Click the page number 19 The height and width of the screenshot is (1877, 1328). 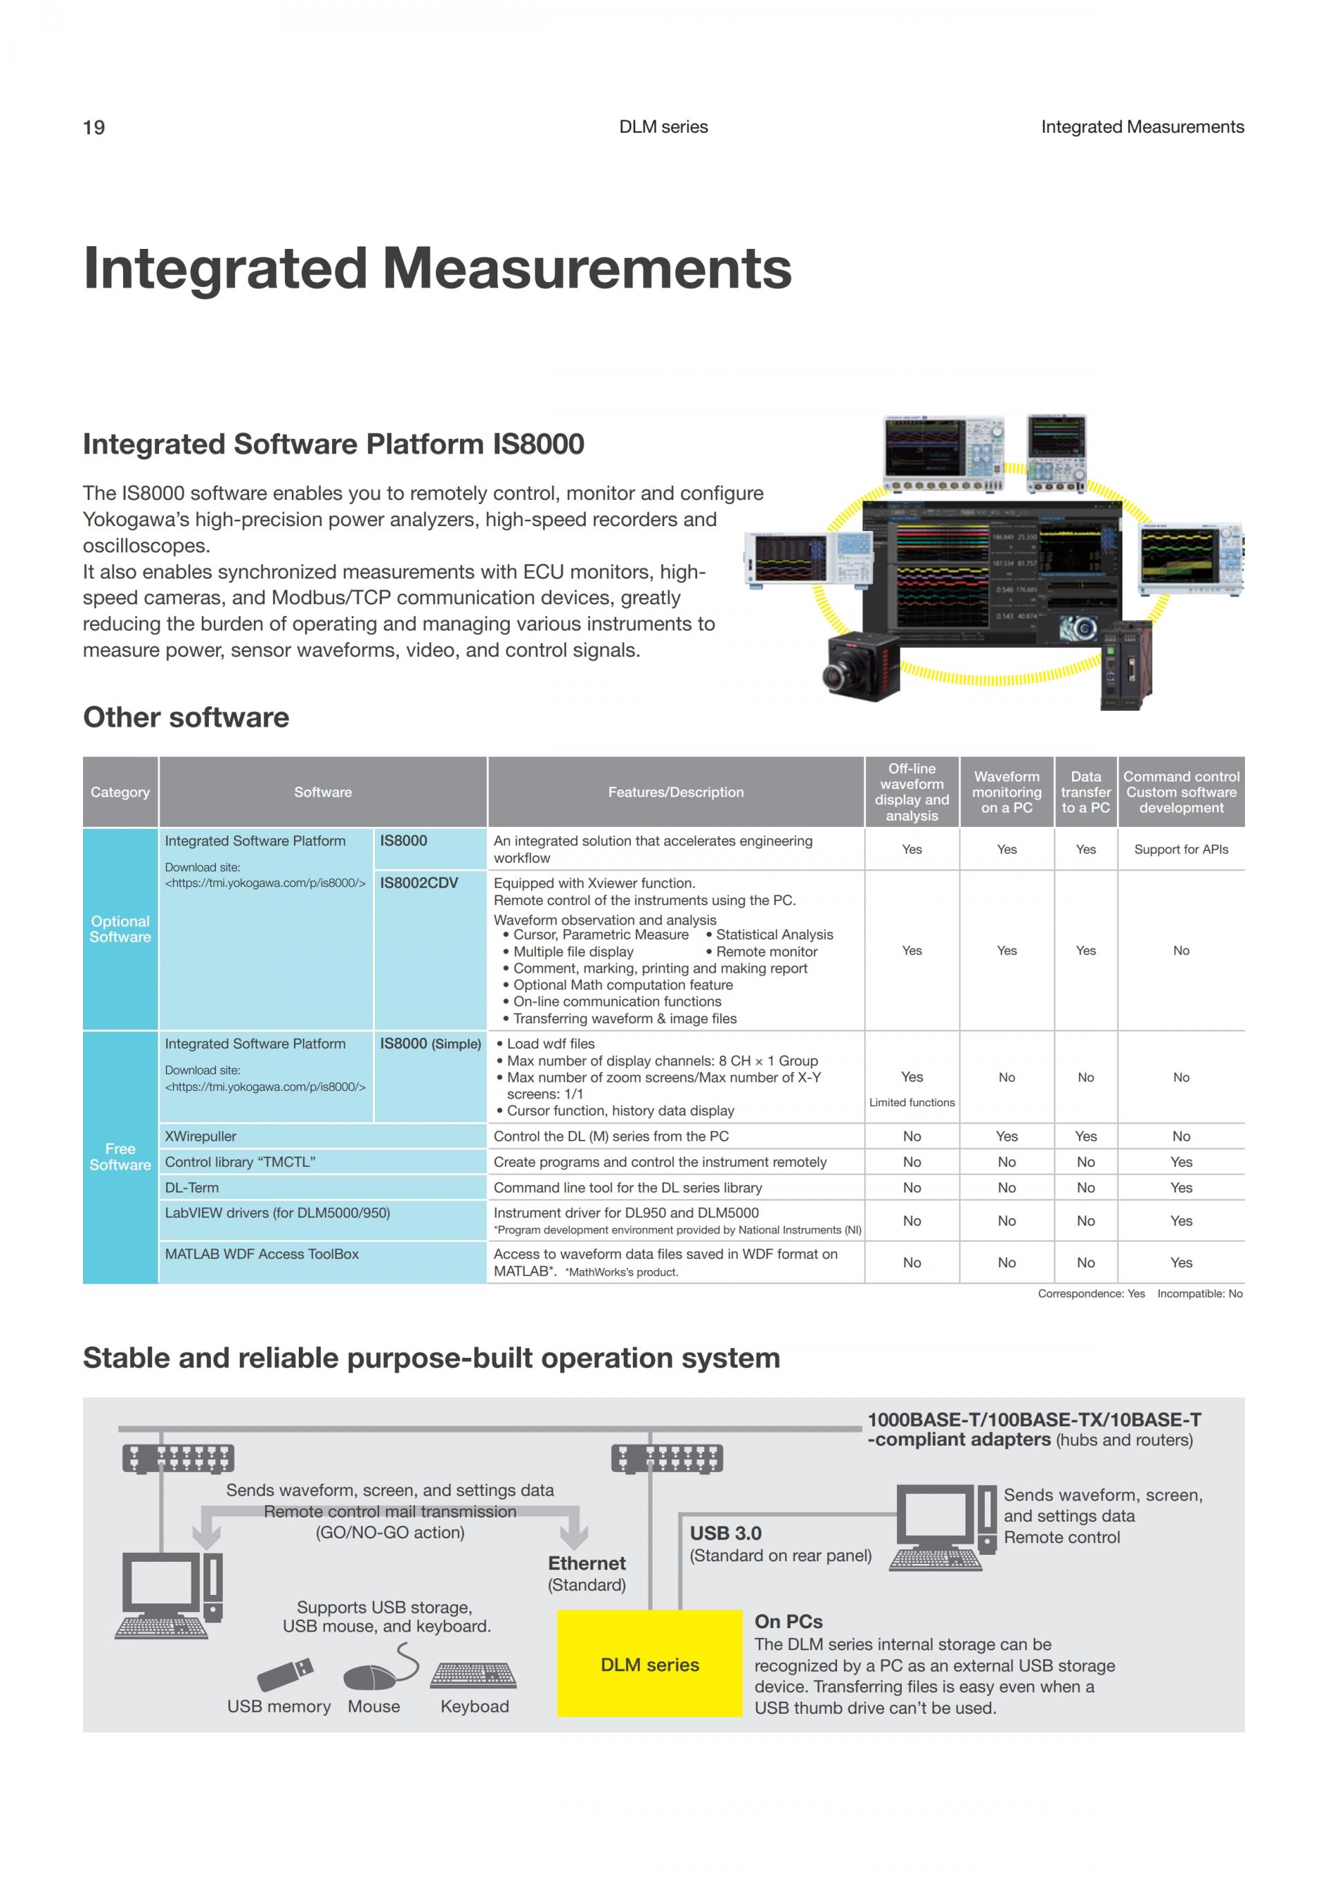[x=93, y=127]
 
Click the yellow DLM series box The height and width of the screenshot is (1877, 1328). [x=649, y=1663]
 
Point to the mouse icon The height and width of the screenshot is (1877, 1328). [x=373, y=1676]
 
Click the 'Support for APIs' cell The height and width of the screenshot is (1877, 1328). [x=1180, y=850]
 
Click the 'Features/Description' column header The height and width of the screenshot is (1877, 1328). [x=676, y=792]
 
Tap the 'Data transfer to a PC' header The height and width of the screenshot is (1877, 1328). [x=1085, y=792]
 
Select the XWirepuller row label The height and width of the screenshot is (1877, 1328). [x=201, y=1137]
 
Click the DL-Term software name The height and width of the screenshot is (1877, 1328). [x=192, y=1187]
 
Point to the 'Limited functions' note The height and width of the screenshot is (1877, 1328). [x=912, y=1103]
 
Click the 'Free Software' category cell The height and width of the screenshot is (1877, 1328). [x=120, y=1157]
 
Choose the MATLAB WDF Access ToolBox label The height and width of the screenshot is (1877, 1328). [x=261, y=1254]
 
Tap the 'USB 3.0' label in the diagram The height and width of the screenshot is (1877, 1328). [x=726, y=1533]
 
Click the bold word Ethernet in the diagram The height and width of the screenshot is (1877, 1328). [x=587, y=1563]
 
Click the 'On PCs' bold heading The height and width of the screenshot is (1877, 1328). [x=788, y=1621]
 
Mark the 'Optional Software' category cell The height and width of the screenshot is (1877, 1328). [x=120, y=928]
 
